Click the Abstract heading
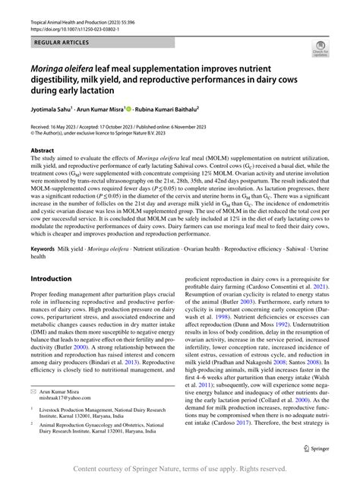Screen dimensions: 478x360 coord(43,151)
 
